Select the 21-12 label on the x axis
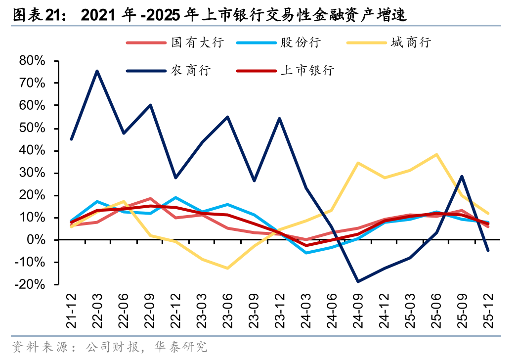72,312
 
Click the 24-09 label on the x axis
357,312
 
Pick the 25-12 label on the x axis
488,312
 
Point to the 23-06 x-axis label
227,312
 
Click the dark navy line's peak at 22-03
97,71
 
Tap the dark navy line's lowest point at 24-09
357,282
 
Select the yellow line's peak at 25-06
436,154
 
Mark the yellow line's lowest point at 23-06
227,269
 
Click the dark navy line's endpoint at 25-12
488,250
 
